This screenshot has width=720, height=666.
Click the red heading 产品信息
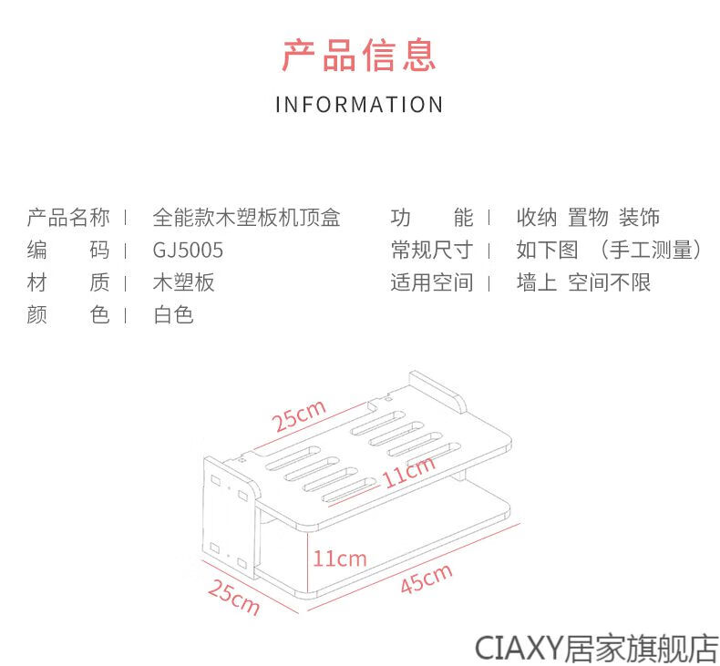coord(358,56)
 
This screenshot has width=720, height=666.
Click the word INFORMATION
coord(359,105)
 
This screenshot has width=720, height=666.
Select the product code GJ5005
coord(188,251)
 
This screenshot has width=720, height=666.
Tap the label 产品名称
coord(68,218)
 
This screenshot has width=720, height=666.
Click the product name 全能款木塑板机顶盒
coord(247,218)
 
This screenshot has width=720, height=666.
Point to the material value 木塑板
coord(184,282)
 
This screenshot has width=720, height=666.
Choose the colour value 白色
coord(173,315)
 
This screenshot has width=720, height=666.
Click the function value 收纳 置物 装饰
coord(588,218)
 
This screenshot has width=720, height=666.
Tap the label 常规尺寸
coord(432,251)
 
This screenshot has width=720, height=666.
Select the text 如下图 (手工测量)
coord(609,251)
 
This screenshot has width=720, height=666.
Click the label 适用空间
coord(432,282)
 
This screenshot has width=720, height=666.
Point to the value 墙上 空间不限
coord(583,282)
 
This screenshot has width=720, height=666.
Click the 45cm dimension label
coord(427,579)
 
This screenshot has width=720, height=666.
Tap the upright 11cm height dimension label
coord(340,558)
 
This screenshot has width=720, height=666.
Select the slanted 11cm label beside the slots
coord(408,472)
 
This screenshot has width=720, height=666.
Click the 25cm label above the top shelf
coord(298,415)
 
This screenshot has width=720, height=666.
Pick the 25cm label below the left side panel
coord(233,597)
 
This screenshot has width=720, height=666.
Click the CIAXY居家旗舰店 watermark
coord(596,648)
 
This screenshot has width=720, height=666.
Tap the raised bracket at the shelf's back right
coord(437,390)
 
